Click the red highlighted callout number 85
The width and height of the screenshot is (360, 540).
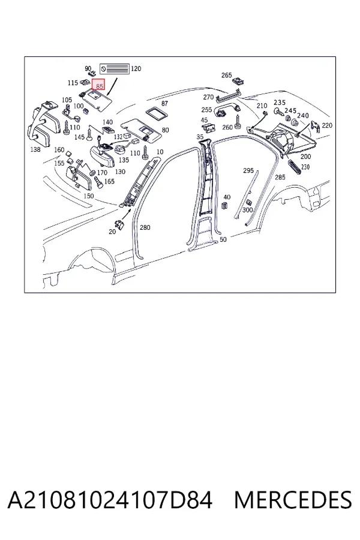pos(99,86)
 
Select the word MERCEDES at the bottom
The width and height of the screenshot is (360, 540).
pos(293,500)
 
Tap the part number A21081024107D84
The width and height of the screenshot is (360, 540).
pos(110,500)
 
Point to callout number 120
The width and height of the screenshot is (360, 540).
pos(136,68)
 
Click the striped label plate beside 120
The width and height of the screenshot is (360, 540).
pos(115,69)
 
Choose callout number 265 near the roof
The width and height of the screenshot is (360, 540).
pos(226,75)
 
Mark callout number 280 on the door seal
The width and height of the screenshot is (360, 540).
pos(145,227)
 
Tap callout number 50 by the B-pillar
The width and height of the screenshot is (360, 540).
pos(223,239)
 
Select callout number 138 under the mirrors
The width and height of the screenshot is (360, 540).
pos(35,149)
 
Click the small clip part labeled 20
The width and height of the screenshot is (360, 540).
pos(120,224)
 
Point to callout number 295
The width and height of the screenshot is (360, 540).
pos(248,170)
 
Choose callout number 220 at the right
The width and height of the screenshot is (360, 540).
pos(327,125)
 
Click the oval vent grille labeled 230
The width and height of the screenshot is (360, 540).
pos(294,167)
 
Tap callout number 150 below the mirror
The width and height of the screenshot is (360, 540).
pos(89,196)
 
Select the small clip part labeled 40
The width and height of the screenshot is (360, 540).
pos(224,206)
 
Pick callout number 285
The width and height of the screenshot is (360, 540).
pos(280,177)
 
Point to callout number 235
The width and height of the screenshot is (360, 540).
pos(280,102)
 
